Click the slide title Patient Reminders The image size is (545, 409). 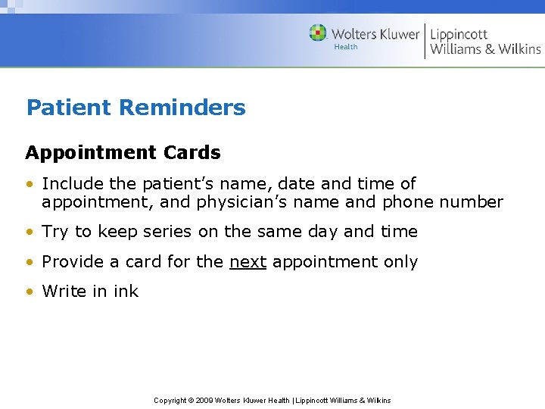(135, 108)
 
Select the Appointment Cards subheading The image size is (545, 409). (123, 152)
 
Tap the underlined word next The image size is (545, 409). (248, 262)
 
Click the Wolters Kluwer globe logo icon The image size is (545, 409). (318, 33)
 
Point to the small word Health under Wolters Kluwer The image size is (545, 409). (346, 47)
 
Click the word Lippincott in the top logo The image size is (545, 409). (459, 34)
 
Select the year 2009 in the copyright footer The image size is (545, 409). (204, 400)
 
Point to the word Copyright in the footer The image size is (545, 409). (170, 400)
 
